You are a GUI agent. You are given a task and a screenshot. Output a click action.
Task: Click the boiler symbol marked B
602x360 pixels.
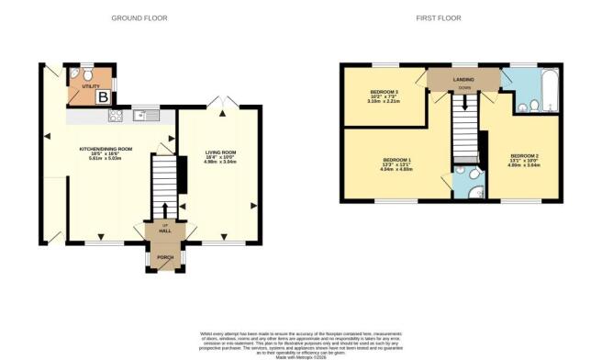(103, 96)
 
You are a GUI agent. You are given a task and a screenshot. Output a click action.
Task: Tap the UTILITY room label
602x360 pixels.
(90, 85)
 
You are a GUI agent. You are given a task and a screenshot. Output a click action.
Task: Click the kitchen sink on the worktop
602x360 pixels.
(146, 116)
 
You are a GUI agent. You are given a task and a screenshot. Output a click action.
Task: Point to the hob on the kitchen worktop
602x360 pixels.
(117, 116)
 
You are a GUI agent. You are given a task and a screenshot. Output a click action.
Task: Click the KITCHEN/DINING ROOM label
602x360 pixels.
(106, 152)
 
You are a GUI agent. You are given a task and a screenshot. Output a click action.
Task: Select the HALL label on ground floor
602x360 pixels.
(166, 231)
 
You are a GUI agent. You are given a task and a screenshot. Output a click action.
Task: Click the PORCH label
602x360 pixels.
(166, 257)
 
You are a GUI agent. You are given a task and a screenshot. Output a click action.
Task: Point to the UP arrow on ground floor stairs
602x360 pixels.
(166, 209)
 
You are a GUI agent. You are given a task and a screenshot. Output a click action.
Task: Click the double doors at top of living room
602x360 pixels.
(218, 102)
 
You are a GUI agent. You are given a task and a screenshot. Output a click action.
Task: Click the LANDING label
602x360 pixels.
(463, 80)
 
